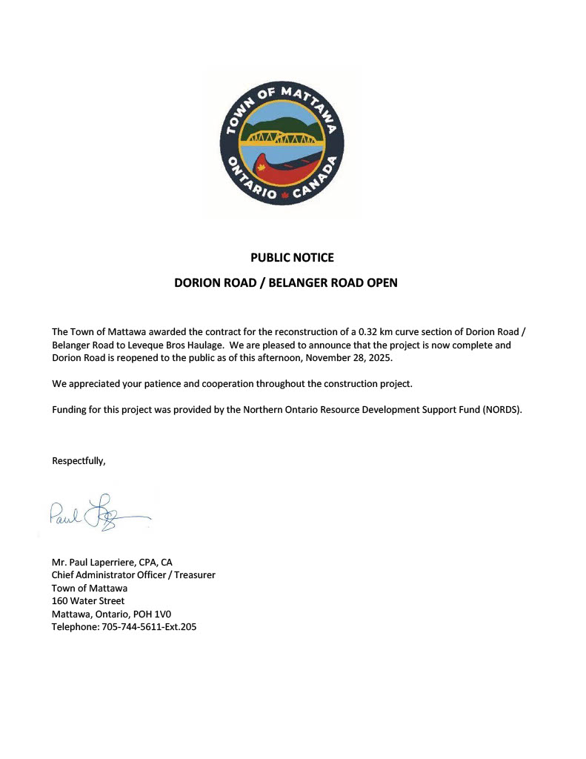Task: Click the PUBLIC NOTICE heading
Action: pyautogui.click(x=292, y=258)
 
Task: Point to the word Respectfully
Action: pyautogui.click(x=79, y=461)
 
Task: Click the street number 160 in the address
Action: pyautogui.click(x=60, y=601)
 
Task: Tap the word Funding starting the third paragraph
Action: pyautogui.click(x=71, y=410)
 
